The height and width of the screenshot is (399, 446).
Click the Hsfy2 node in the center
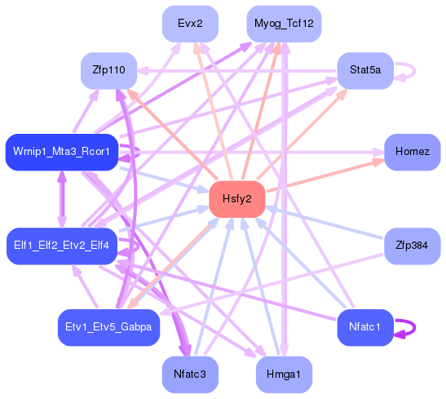tap(236, 199)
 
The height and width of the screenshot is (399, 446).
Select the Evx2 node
tap(189, 24)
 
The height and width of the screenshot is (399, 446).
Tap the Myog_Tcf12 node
tap(284, 24)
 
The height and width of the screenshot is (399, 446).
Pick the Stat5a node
tap(365, 71)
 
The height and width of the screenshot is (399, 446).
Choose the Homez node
tap(412, 153)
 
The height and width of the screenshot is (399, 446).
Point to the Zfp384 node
tap(412, 246)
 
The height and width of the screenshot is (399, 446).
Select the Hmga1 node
tap(284, 375)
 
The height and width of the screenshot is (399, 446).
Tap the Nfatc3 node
tap(190, 375)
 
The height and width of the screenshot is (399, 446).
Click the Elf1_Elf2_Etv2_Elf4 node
tap(62, 246)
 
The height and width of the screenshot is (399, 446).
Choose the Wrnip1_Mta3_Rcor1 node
tap(62, 153)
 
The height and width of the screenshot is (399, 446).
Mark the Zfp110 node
tap(108, 71)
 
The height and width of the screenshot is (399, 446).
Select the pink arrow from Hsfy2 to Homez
tap(326, 176)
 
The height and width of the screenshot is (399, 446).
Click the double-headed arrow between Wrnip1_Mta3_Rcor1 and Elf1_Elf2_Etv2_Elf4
tap(61, 199)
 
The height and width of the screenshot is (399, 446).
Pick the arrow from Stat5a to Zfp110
tap(236, 71)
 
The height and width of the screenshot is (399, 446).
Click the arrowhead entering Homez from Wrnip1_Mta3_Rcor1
tap(377, 152)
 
